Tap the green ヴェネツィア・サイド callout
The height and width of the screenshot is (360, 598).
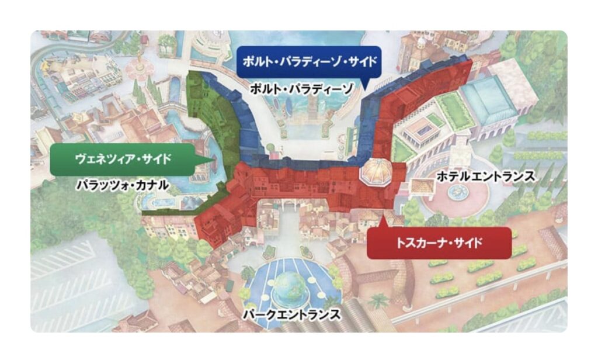coord(125,158)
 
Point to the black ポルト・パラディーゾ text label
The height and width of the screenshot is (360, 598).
coord(301,89)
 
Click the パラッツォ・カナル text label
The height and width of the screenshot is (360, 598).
coord(122,186)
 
